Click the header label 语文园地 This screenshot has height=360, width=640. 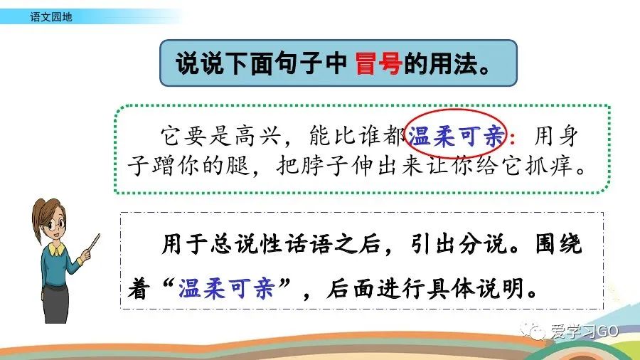[x=51, y=17]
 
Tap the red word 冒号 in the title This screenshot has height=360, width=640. [x=378, y=63]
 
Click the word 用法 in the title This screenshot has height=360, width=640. [x=452, y=63]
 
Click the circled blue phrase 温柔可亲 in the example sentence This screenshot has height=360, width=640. [x=457, y=136]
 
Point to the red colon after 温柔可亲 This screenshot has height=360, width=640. [x=513, y=137]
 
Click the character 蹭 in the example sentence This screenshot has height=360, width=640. [x=164, y=166]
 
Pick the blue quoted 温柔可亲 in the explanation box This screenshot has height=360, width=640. [x=225, y=288]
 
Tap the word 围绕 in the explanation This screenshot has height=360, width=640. [x=558, y=244]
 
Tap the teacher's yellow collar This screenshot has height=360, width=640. [x=56, y=248]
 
